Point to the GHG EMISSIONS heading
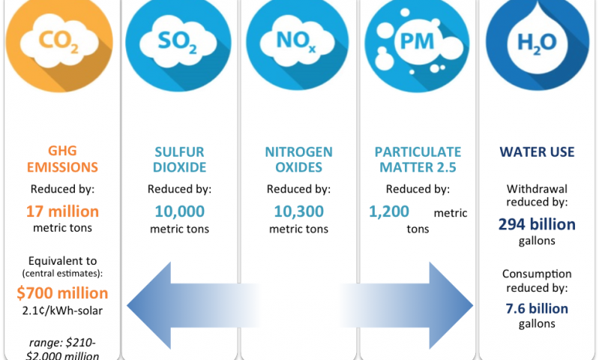(x=62, y=159)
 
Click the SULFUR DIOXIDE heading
(x=180, y=159)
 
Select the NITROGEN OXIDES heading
(x=299, y=159)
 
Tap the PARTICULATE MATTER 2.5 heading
(x=418, y=159)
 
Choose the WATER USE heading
(x=537, y=152)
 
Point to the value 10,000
(x=180, y=211)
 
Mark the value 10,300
(x=299, y=211)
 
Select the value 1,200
(x=388, y=213)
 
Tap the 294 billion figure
(x=537, y=223)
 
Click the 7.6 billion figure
(x=537, y=308)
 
